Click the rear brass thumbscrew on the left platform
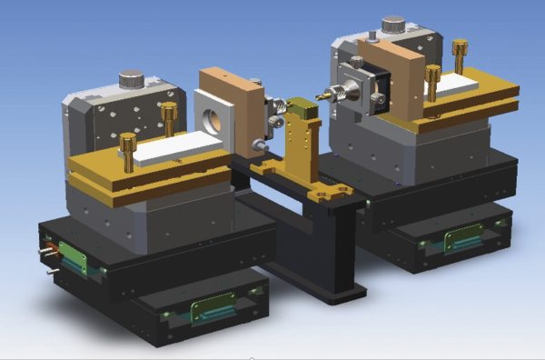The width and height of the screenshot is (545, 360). click(169, 115)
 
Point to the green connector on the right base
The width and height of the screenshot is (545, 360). click(463, 241)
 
